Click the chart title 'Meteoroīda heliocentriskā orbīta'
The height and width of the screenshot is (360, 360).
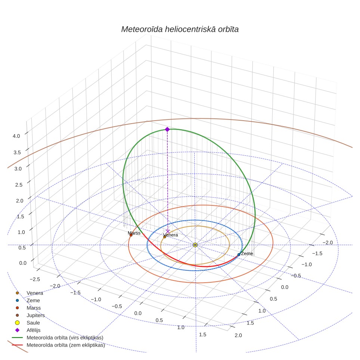pyautogui.click(x=180, y=30)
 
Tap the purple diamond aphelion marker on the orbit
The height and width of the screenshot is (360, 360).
pyautogui.click(x=167, y=130)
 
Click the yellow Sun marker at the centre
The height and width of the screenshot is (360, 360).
pyautogui.click(x=195, y=245)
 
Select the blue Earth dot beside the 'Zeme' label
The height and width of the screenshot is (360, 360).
pyautogui.click(x=239, y=255)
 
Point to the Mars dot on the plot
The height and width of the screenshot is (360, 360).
pyautogui.click(x=131, y=235)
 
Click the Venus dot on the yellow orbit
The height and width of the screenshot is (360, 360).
pyautogui.click(x=165, y=237)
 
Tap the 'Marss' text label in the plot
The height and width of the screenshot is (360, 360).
pyautogui.click(x=134, y=233)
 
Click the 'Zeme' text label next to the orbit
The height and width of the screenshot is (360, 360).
pyautogui.click(x=247, y=254)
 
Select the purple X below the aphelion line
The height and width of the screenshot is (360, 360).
pyautogui.click(x=168, y=232)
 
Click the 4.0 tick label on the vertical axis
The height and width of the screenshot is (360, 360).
pyautogui.click(x=16, y=136)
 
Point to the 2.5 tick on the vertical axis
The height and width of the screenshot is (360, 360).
pyautogui.click(x=19, y=185)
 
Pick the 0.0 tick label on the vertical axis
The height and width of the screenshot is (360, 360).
pyautogui.click(x=23, y=263)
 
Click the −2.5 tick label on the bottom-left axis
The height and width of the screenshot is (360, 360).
pyautogui.click(x=35, y=279)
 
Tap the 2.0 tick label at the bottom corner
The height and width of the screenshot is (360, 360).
pyautogui.click(x=238, y=335)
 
